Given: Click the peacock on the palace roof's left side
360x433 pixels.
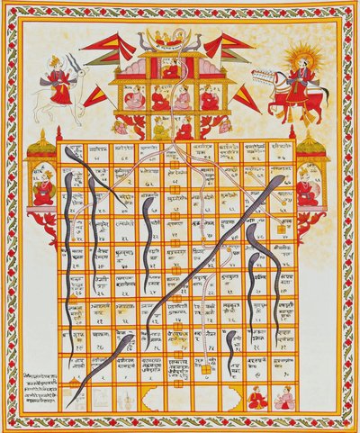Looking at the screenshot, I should [x=144, y=41].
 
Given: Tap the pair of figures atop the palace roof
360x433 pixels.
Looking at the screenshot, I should [x=170, y=38].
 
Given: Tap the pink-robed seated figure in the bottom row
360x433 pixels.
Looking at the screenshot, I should [x=284, y=397].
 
